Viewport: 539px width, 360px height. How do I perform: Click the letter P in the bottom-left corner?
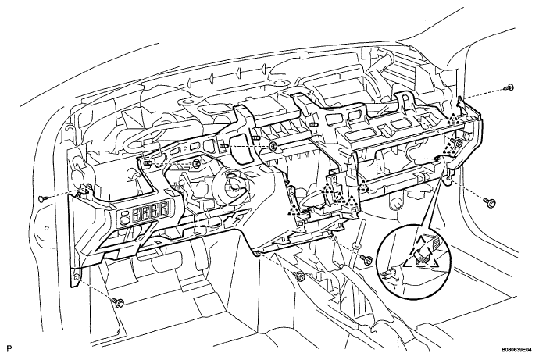click(x=9, y=348)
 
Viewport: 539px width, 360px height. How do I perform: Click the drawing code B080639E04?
click(x=516, y=349)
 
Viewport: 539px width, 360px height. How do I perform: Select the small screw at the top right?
click(x=509, y=87)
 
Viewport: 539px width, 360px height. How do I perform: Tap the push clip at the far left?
click(x=43, y=198)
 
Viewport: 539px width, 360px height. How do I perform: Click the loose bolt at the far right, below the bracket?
click(x=489, y=203)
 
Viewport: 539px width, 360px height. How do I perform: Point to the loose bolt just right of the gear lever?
click(x=366, y=259)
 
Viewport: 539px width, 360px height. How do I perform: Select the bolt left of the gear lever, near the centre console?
click(x=299, y=276)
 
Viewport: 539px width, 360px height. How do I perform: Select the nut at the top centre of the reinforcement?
click(x=273, y=147)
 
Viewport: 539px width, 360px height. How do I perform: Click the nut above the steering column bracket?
click(x=197, y=163)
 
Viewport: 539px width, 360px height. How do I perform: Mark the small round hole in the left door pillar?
click(x=47, y=227)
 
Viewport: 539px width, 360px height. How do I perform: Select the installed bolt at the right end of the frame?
click(x=457, y=143)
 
